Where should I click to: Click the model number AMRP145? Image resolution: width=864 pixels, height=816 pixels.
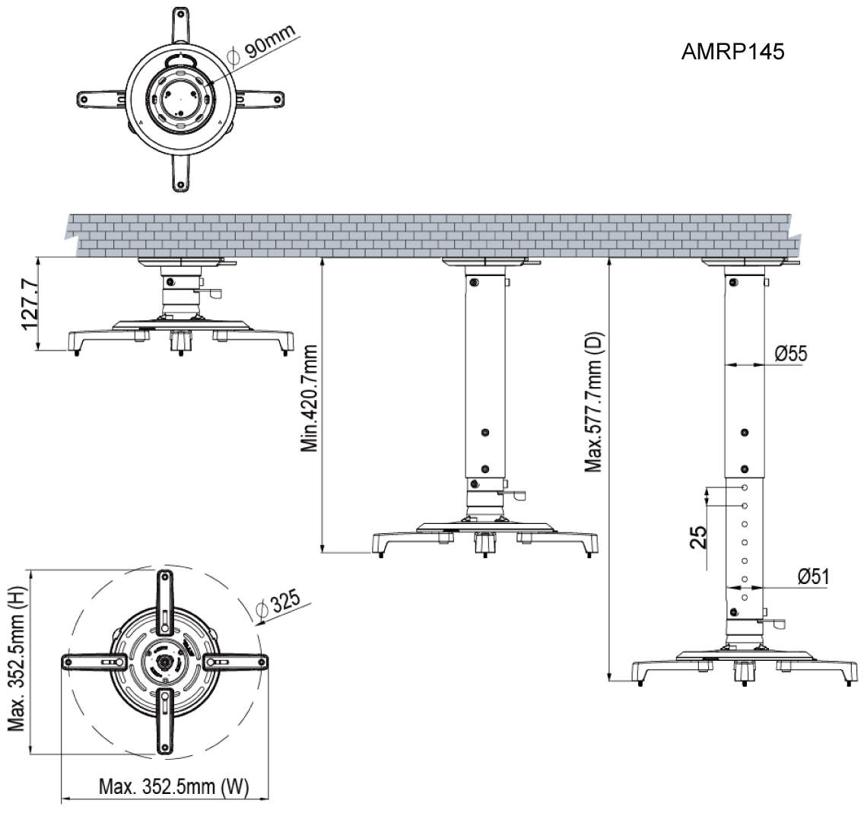[732, 52]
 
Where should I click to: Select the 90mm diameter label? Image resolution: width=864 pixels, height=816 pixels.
[268, 43]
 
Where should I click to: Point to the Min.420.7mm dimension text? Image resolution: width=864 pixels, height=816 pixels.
[309, 398]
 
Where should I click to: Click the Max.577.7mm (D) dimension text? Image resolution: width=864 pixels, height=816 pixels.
[594, 402]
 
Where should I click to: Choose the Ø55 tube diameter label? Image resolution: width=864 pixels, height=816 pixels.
[790, 354]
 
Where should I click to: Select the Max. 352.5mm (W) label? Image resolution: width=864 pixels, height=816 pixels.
[173, 787]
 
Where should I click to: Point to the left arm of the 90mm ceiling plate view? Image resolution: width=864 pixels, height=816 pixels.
[99, 98]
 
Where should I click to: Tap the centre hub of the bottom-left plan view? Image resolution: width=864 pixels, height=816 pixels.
[164, 662]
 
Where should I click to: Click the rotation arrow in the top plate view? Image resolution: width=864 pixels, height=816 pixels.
[180, 59]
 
